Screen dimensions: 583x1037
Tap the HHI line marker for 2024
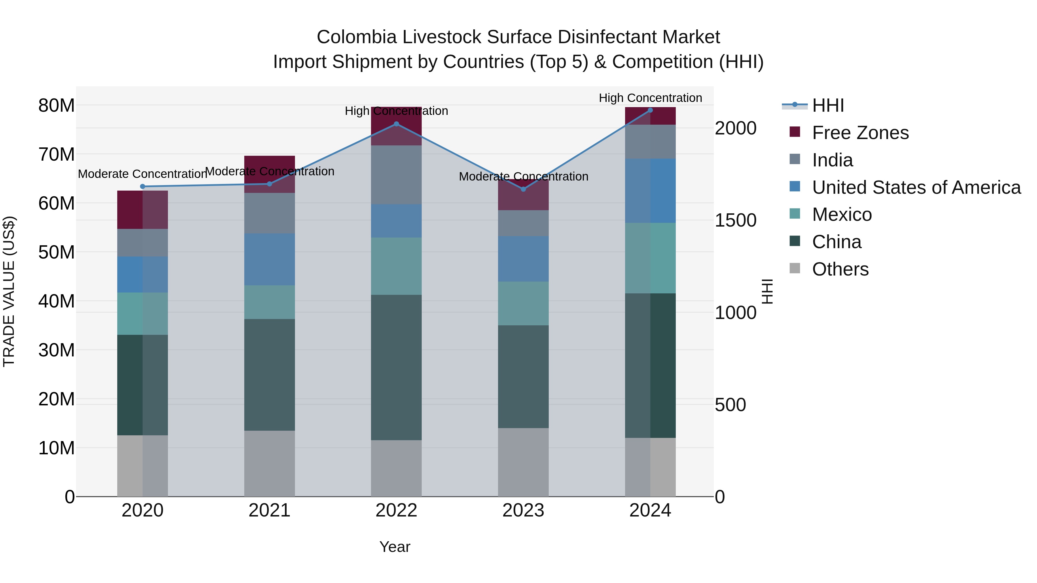pos(650,110)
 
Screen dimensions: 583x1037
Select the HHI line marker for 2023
pos(523,189)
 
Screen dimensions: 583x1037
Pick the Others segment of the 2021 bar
pos(269,464)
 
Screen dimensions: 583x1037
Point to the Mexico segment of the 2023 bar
pos(523,303)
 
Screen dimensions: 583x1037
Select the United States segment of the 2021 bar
pos(269,259)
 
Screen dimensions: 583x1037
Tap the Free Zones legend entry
pos(860,133)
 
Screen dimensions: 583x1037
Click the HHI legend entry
pos(828,105)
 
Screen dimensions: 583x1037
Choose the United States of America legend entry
pos(916,187)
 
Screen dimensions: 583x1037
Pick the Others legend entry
pos(840,269)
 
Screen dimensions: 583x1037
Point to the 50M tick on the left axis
pos(56,252)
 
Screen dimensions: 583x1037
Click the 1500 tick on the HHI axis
pos(735,221)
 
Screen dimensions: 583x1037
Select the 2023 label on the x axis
pos(523,510)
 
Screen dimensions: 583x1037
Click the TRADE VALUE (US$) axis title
pos(9,291)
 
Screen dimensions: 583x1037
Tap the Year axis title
pos(395,547)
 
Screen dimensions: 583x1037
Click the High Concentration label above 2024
pos(650,98)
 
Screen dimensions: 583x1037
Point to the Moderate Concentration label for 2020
pos(142,174)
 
